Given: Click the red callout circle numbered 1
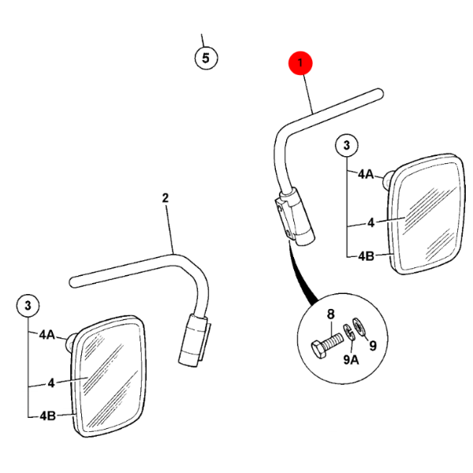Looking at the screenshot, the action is pyautogui.click(x=300, y=63).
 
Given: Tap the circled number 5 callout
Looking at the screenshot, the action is pyautogui.click(x=206, y=58).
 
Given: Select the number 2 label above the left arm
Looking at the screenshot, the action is pyautogui.click(x=166, y=198).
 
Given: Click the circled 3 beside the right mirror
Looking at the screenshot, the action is pyautogui.click(x=347, y=145).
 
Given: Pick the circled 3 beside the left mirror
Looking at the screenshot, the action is pyautogui.click(x=28, y=305).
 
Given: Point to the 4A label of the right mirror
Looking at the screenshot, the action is pyautogui.click(x=366, y=174).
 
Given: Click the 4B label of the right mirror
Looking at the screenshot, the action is pyautogui.click(x=366, y=256).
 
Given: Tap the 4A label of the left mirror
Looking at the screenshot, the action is pyautogui.click(x=47, y=334).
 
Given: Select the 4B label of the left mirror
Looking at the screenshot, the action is pyautogui.click(x=47, y=416).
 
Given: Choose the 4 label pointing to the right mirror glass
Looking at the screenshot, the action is pyautogui.click(x=371, y=223).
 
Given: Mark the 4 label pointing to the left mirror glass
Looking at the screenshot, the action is pyautogui.click(x=51, y=383).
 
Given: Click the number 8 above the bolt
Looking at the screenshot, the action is pyautogui.click(x=331, y=314).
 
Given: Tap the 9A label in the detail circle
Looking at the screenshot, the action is pyautogui.click(x=351, y=359).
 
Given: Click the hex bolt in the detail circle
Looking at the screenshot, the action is pyautogui.click(x=326, y=345).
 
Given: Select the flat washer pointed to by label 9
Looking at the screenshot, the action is pyautogui.click(x=359, y=326).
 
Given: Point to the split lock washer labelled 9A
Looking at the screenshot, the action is pyautogui.click(x=348, y=332).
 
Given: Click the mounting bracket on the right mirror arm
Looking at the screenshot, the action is pyautogui.click(x=284, y=218).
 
